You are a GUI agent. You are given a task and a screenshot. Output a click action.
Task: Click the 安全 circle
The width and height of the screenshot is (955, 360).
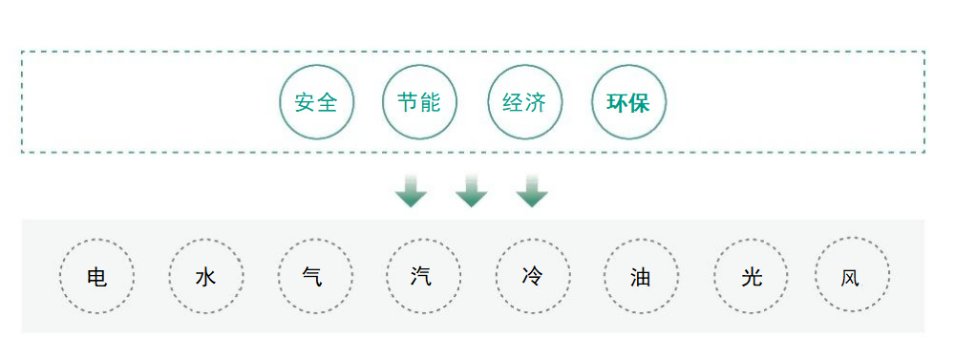(x=316, y=102)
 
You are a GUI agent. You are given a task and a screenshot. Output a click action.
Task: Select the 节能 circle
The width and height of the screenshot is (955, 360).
(x=419, y=102)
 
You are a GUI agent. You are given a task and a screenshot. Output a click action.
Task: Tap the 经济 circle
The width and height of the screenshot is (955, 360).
(x=524, y=102)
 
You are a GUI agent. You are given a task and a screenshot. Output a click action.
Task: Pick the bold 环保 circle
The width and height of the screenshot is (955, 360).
(x=628, y=102)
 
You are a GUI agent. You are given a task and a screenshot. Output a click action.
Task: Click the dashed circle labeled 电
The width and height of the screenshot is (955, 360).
(x=96, y=276)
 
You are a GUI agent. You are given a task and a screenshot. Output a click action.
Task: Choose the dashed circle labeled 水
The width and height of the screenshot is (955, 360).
(x=206, y=276)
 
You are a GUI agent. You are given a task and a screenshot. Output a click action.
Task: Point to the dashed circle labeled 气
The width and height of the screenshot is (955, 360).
(x=314, y=276)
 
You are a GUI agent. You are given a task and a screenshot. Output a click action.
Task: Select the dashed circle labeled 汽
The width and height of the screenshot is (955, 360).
(x=423, y=276)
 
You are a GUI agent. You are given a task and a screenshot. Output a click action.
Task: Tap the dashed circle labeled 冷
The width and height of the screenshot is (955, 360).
(x=533, y=276)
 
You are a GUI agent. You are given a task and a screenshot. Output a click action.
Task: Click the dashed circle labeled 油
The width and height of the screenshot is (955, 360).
(x=642, y=276)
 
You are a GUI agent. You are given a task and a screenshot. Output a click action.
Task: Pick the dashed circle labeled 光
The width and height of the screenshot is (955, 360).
(x=751, y=276)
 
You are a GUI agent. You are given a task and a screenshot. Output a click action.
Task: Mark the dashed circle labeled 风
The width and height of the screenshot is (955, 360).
(x=852, y=276)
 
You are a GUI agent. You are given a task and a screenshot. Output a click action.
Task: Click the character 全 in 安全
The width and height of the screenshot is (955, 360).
(x=328, y=102)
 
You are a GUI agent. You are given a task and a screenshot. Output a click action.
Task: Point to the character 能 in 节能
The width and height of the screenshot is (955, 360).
(x=431, y=102)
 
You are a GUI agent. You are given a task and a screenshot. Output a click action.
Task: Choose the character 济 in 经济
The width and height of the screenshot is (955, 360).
(x=536, y=102)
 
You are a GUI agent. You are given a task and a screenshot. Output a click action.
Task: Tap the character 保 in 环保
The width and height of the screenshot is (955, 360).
(x=640, y=102)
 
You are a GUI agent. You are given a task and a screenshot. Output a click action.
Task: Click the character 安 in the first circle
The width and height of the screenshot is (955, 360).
(x=306, y=102)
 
